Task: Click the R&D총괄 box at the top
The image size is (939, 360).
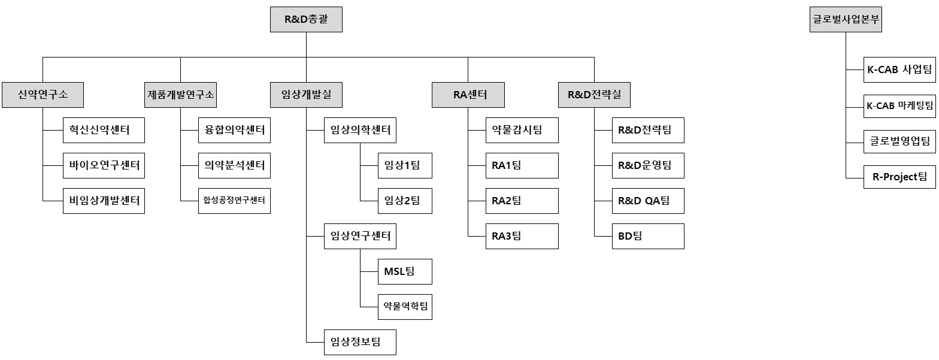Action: tap(306, 20)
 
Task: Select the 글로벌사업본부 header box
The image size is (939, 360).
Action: tap(846, 20)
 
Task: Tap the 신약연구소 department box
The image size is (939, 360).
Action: tap(43, 95)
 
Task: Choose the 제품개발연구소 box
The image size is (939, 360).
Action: tap(180, 95)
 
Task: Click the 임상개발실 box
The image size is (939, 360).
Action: tap(306, 95)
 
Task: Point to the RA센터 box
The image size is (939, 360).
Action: tap(468, 95)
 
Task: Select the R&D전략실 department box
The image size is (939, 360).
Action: tap(594, 95)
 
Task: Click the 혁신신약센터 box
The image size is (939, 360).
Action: tap(104, 130)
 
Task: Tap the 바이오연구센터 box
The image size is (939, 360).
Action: tap(104, 165)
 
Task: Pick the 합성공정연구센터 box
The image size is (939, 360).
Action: tap(234, 201)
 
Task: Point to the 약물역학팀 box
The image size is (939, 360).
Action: tap(405, 307)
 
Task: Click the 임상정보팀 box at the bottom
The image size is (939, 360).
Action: tap(360, 342)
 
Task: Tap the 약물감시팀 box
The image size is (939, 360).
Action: tap(522, 130)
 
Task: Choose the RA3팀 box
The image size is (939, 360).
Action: tap(522, 236)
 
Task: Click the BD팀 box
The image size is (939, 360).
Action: tap(647, 236)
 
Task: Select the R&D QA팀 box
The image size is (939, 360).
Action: tap(647, 201)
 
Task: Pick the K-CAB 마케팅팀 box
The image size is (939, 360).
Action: tap(899, 106)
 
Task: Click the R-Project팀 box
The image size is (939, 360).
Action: tap(899, 176)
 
